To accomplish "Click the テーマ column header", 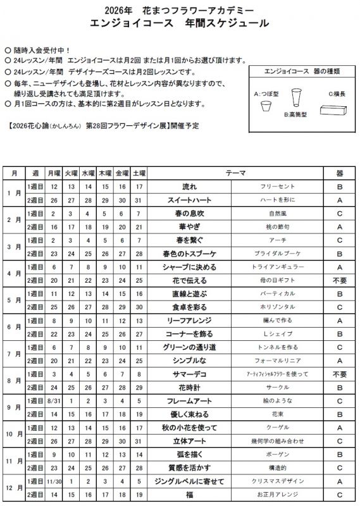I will (x=236, y=173).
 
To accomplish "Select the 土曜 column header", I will (x=139, y=173).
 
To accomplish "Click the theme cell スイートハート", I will (x=189, y=200).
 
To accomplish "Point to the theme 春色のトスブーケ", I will (x=189, y=254).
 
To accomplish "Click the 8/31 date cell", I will (x=54, y=401).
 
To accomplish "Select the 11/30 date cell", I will (x=54, y=481).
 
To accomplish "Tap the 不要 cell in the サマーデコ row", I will (x=339, y=374).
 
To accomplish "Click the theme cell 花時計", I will (x=189, y=387).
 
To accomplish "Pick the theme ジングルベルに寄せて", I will (x=189, y=481).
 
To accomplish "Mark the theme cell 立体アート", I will (x=189, y=441).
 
